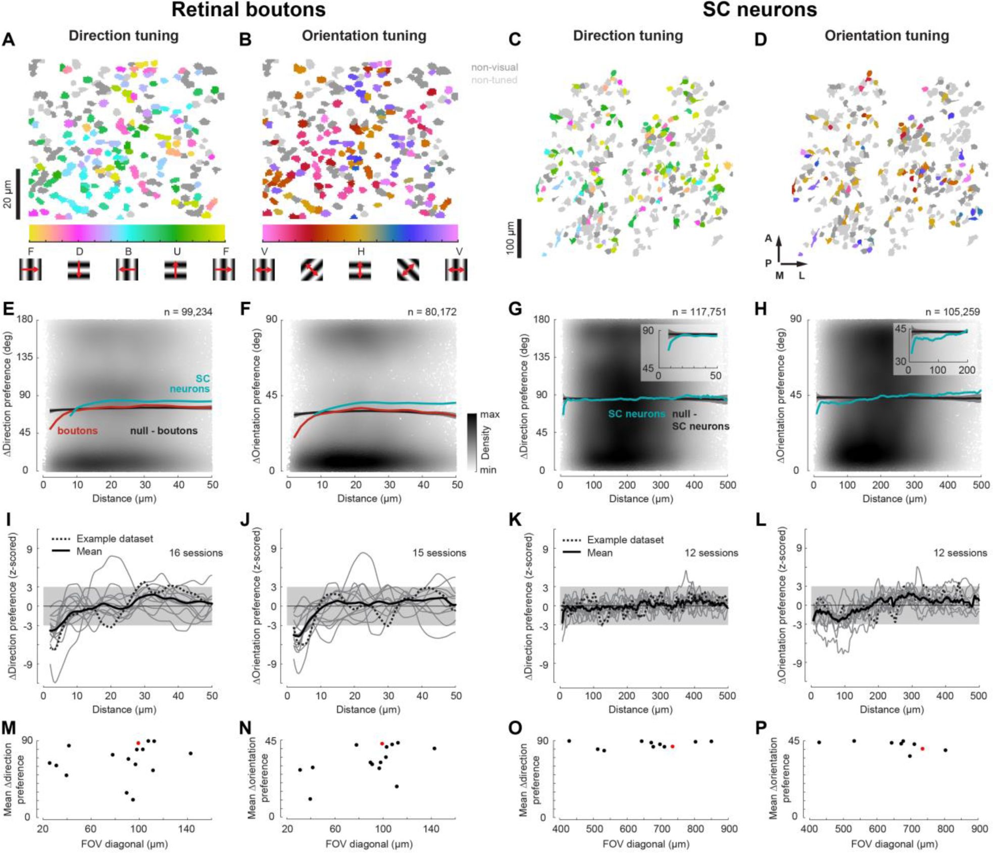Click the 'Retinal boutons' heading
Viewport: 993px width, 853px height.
[248, 10]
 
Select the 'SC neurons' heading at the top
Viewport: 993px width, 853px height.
[759, 10]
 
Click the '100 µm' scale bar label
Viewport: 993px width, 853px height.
[510, 237]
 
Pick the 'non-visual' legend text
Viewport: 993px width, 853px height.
[494, 67]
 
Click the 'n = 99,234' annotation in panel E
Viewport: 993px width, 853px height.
[188, 312]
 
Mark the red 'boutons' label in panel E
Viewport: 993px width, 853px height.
[77, 431]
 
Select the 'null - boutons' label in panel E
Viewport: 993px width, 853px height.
[164, 431]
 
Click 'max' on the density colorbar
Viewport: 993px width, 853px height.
[489, 414]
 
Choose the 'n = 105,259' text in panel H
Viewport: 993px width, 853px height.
[952, 312]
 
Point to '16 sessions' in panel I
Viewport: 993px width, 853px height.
[195, 553]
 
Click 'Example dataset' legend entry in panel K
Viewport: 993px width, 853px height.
[625, 540]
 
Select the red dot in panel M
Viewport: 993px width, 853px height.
[138, 743]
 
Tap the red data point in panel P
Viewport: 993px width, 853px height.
[922, 749]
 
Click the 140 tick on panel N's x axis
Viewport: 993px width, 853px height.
[431, 829]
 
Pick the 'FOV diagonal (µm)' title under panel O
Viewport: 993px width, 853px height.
[646, 843]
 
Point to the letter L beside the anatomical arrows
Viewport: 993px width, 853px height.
[801, 276]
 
